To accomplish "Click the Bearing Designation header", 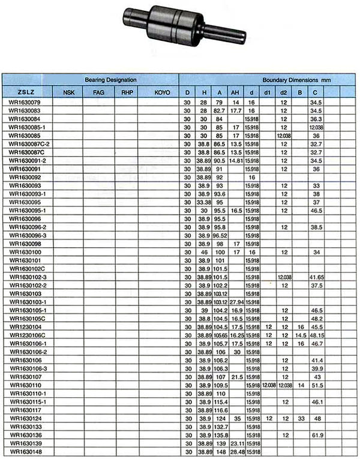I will pos(110,80).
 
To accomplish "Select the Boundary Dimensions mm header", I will pos(297,80).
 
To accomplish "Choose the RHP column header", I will pos(127,92).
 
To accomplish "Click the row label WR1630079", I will pos(24,103).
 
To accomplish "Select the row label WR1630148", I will pos(24,451).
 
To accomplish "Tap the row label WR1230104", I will pos(24,327).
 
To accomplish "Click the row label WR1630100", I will pos(24,253).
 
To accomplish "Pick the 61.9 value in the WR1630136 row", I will pos(316,434).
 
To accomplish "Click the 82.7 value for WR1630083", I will pos(219,111).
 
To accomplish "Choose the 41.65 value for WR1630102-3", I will pos(316,277).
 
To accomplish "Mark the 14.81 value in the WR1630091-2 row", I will pos(235,161).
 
